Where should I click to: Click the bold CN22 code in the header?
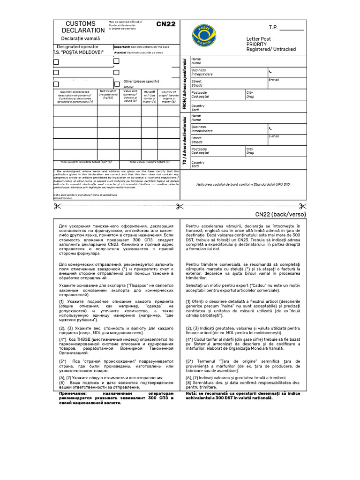165,24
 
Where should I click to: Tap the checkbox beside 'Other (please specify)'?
56,84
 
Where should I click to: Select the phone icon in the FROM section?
270,72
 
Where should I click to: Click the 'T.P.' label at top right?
273,28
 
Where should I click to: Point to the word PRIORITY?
257,44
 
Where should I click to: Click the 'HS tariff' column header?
150,97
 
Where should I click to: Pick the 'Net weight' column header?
107,94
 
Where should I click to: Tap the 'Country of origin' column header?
168,96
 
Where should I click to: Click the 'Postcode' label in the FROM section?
199,92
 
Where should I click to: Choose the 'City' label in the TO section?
250,149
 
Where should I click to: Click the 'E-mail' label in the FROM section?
274,80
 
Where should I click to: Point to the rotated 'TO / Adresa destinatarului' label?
184,141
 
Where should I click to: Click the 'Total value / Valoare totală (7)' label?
149,162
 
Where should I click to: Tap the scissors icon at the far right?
302,206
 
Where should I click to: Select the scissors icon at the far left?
56,206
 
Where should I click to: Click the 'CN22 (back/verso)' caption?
280,215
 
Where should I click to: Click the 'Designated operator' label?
78,47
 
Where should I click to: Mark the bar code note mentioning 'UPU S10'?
243,185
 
